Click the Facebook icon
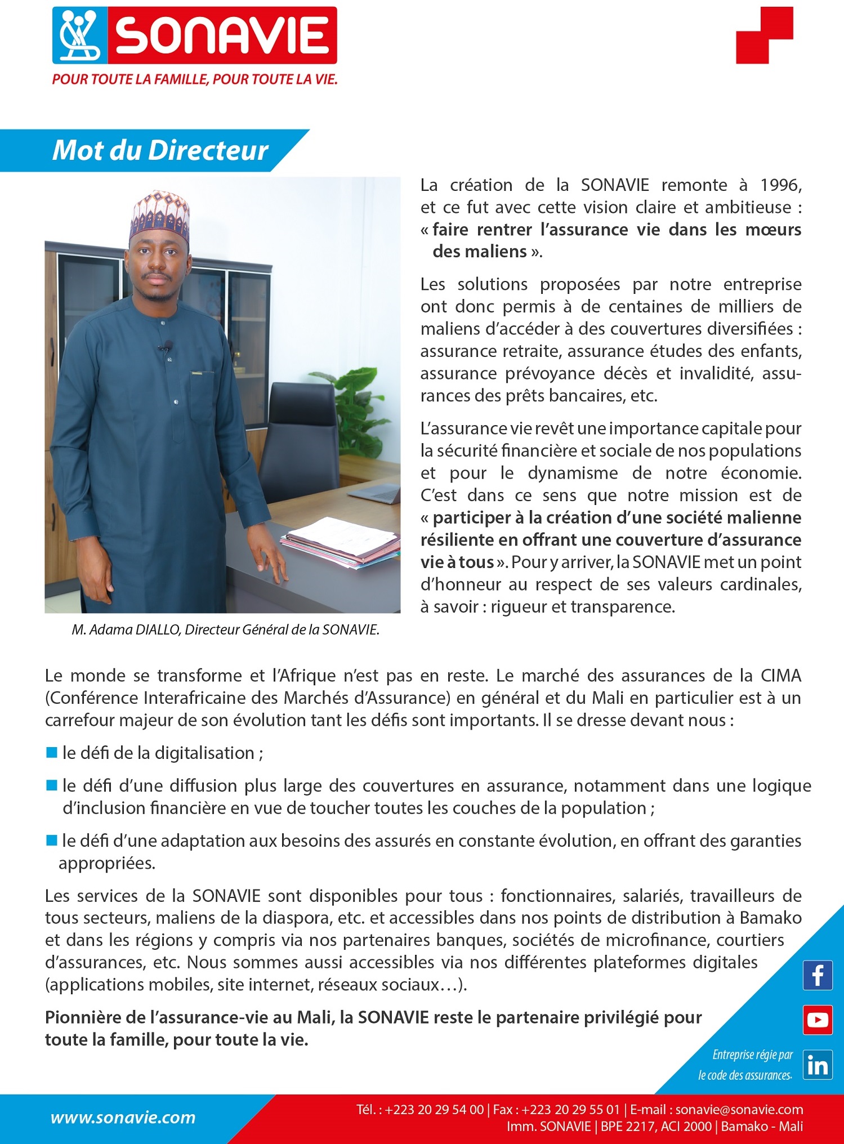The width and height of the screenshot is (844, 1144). [818, 975]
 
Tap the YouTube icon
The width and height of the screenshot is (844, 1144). [818, 1020]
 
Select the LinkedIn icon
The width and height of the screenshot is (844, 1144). [818, 1065]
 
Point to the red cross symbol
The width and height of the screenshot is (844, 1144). [764, 35]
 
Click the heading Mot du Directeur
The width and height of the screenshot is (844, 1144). [160, 150]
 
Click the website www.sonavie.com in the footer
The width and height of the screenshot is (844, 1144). [123, 1118]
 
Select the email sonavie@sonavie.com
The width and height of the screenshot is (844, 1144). [739, 1110]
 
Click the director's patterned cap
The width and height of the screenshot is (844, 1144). [160, 214]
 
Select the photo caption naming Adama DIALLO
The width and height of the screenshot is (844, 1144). [225, 629]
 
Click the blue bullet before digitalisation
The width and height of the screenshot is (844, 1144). [52, 752]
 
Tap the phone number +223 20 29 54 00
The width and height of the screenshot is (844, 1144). [435, 1110]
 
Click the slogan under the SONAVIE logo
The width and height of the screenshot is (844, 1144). [195, 79]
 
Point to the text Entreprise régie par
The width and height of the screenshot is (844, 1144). [752, 1054]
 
